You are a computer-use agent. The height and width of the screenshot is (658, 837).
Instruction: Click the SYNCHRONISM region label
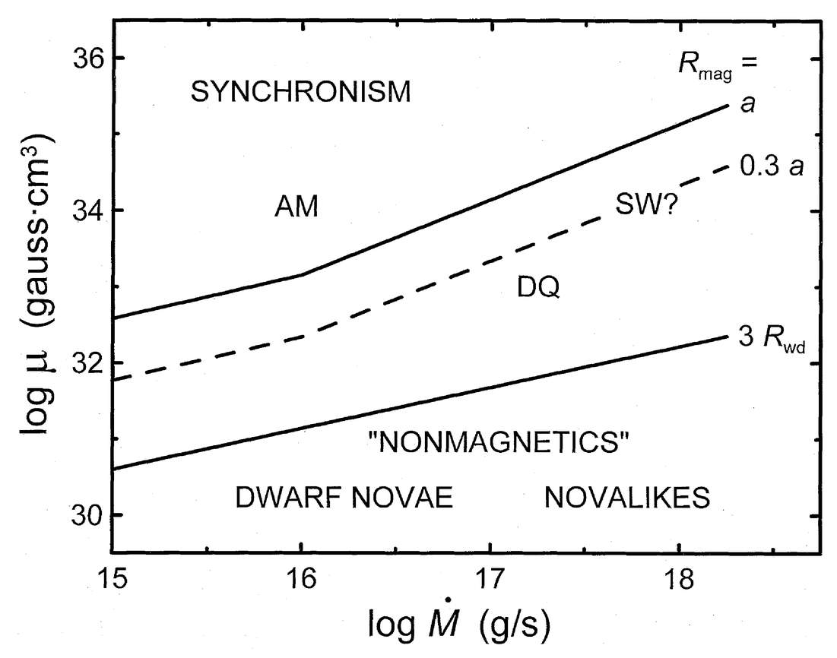pos(300,93)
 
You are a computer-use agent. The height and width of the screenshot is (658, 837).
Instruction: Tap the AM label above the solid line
pos(296,207)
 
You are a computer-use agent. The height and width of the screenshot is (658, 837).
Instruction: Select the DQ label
pos(537,289)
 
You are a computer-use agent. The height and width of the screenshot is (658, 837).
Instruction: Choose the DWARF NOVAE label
pos(344,498)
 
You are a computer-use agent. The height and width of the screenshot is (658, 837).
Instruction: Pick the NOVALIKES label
pos(627,498)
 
